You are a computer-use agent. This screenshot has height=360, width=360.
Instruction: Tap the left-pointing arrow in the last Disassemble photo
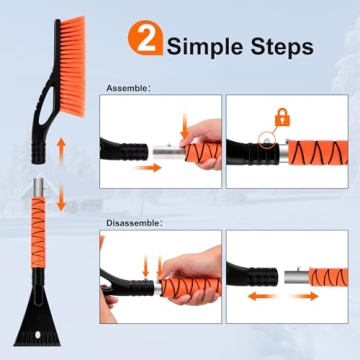[x=258, y=298]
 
